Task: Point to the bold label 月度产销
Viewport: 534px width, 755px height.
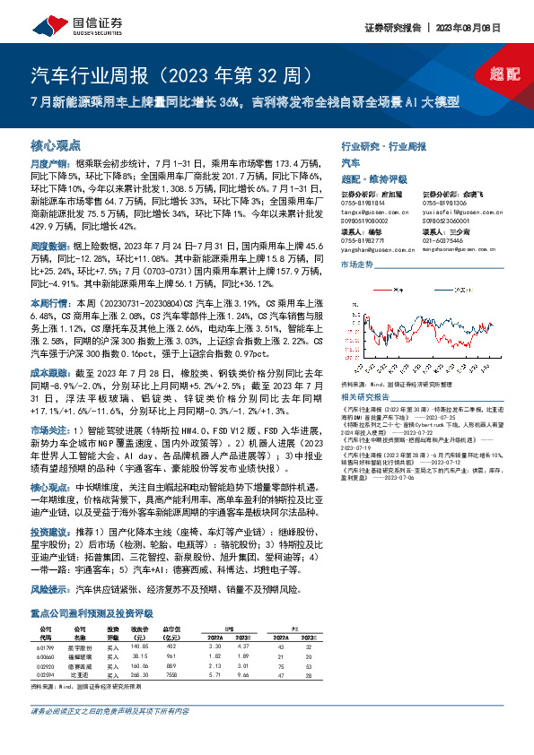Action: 46,164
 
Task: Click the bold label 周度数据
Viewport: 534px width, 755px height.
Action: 46,245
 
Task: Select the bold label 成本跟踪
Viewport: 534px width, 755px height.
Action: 46,372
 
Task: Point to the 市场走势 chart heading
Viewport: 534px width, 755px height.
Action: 356,266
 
